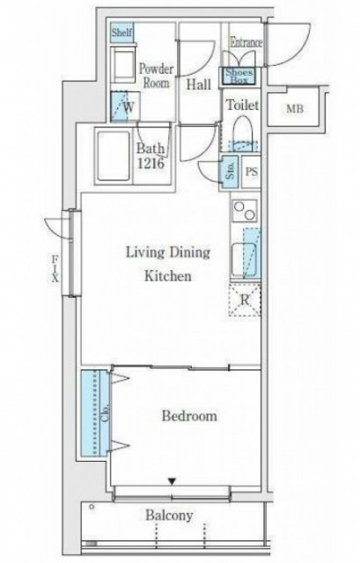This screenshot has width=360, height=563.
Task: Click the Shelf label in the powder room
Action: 121,33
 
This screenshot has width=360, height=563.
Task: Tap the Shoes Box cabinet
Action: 239,77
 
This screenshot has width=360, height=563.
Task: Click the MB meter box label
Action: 295,108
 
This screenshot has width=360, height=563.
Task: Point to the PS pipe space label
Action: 252,172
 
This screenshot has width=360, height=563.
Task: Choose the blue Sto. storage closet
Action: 230,172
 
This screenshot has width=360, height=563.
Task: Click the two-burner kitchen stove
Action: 245,210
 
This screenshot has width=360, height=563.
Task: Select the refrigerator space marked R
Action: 245,299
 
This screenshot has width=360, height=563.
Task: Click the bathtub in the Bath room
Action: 114,157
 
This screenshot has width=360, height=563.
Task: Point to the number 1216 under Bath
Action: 151,164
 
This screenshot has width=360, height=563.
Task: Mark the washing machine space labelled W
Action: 125,107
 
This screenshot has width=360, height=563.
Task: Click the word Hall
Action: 199,84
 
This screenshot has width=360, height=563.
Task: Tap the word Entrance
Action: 246,42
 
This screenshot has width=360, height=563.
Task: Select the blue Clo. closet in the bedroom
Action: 95,413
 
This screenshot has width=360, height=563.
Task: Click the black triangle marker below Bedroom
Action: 173,481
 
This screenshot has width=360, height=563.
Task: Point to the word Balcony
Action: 169,515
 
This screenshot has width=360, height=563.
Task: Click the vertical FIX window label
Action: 55,268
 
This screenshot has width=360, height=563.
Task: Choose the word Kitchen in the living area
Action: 168,276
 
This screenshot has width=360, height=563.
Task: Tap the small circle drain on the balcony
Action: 92,507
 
